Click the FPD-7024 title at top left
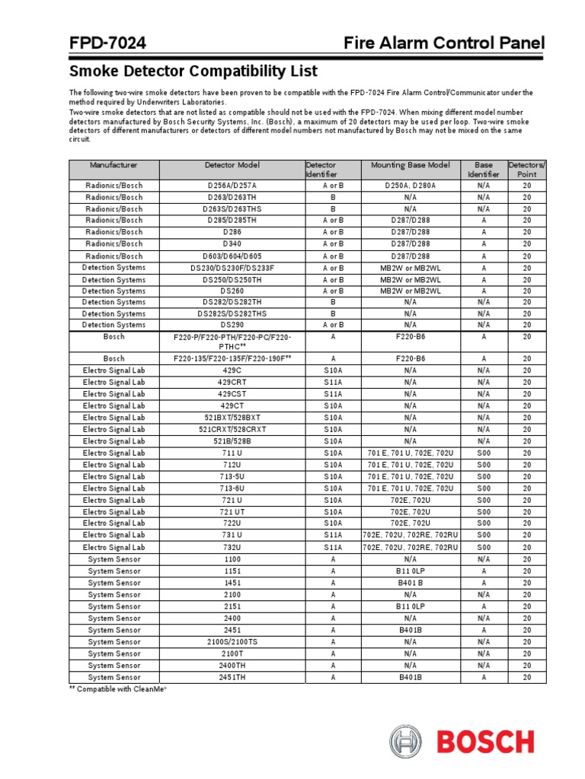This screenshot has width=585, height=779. pos(107,43)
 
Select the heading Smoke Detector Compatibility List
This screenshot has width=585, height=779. pos(193,72)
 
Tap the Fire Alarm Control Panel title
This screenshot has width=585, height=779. pos(443,43)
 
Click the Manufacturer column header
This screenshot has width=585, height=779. pos(113,164)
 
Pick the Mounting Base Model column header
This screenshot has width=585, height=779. pos(410,164)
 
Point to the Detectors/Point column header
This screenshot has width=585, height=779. pos(527,169)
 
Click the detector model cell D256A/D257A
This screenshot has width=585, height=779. pos(232,185)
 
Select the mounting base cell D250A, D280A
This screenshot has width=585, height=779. pos(410,185)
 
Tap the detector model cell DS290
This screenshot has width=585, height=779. pos(232,325)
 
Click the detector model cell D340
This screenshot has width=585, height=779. pos(232,243)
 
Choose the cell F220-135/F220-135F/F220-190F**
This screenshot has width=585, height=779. pos(232,358)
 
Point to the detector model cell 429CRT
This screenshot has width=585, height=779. pos(232,382)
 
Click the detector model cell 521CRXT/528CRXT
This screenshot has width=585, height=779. pos(232,429)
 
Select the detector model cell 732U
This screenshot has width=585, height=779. pos(232,547)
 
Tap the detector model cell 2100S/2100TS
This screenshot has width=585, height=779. pos(232,641)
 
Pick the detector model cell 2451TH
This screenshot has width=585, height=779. pos(232,676)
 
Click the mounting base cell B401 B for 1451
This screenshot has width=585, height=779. pos(410,583)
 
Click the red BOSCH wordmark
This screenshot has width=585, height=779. pos(484,742)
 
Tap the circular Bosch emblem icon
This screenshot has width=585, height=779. pos(405,742)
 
